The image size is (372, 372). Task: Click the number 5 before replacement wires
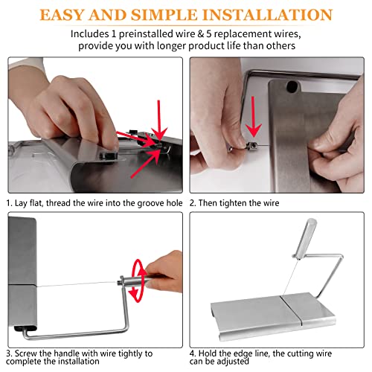(209, 33)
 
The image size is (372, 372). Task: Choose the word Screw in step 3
(25, 353)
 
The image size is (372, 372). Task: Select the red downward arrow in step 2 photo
(253, 116)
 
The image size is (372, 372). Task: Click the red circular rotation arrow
(137, 280)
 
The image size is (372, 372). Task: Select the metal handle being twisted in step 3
(134, 282)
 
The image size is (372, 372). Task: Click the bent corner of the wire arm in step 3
(126, 329)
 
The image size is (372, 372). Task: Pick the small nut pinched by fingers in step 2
(251, 147)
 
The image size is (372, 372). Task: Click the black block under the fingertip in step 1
(109, 155)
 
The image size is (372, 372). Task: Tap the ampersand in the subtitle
(200, 34)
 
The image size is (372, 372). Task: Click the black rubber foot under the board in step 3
(25, 329)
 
